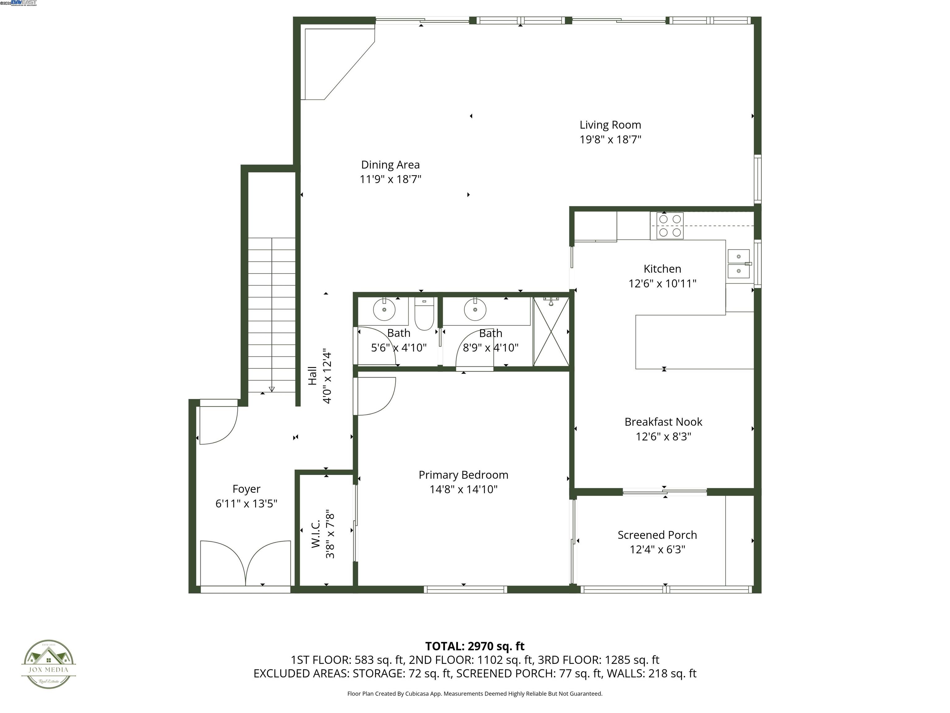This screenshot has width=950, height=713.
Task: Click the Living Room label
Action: click(610, 125)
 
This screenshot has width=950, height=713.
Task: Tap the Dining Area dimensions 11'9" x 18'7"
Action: click(390, 179)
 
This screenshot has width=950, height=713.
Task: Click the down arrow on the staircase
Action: click(272, 389)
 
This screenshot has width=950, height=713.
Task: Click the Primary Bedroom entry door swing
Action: click(374, 396)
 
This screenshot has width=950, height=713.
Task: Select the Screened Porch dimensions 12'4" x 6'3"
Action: click(657, 550)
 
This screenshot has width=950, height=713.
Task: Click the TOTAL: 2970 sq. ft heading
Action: click(475, 646)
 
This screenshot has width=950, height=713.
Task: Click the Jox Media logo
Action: click(49, 664)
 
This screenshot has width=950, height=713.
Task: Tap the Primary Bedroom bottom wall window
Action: click(465, 589)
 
